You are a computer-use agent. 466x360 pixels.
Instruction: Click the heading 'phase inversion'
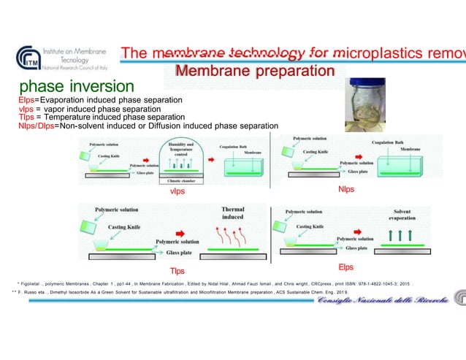[77, 87]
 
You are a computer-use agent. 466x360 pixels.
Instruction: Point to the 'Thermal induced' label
[232, 212]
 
